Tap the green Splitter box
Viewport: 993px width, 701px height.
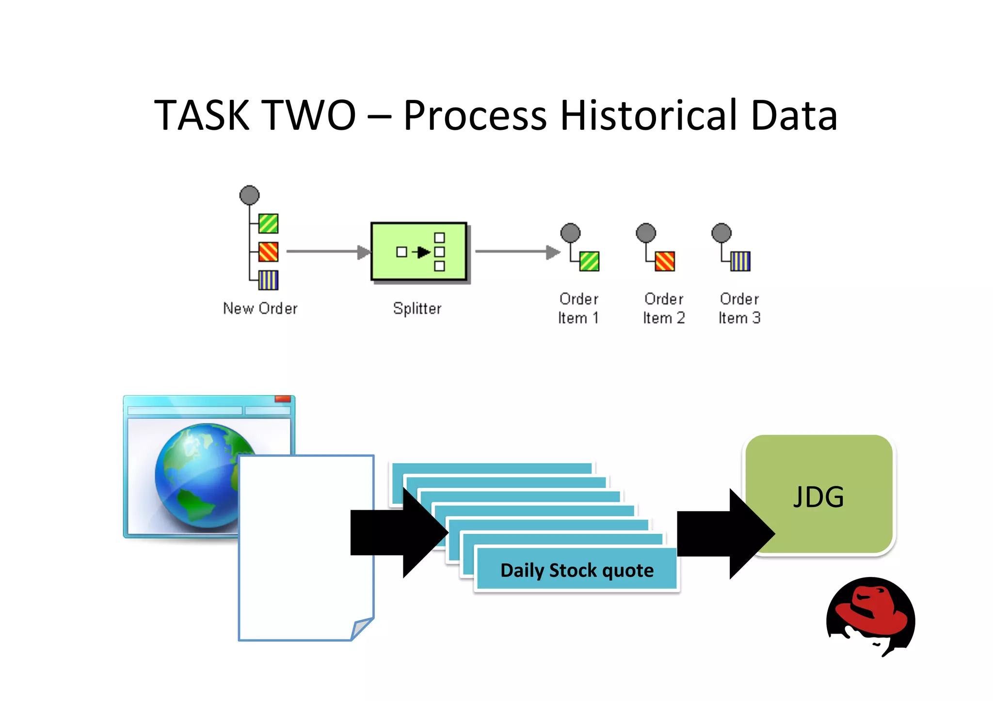click(x=418, y=251)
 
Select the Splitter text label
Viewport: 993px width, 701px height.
click(x=417, y=308)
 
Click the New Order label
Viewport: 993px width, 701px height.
click(x=260, y=308)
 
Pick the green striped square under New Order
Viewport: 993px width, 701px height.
click(x=268, y=223)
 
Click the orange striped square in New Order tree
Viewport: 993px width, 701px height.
click(x=268, y=252)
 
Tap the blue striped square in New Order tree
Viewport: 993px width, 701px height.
click(x=268, y=280)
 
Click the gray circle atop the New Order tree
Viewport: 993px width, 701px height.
click(x=250, y=195)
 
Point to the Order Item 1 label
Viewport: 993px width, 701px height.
click(x=578, y=308)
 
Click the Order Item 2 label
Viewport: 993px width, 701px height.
click(x=664, y=308)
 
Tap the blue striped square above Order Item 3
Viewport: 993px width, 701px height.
click(x=740, y=261)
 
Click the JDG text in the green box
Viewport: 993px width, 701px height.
click(x=818, y=497)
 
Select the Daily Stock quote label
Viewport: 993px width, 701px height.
click(x=577, y=570)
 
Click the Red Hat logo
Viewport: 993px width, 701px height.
click(x=870, y=615)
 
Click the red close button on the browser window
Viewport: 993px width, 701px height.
click(x=283, y=399)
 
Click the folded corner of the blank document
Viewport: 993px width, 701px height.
click(x=361, y=628)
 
